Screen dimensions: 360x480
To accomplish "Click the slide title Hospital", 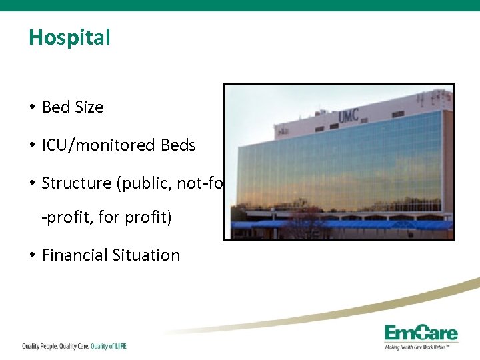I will pyautogui.click(x=69, y=38).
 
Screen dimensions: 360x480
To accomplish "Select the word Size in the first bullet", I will pyautogui.click(x=88, y=107).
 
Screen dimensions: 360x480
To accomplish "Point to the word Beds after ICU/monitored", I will pyautogui.click(x=178, y=145).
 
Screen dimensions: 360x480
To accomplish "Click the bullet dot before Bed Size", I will pyautogui.click(x=32, y=108).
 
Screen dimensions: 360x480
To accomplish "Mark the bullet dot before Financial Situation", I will pyautogui.click(x=32, y=256).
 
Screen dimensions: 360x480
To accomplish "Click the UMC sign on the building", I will pyautogui.click(x=348, y=115).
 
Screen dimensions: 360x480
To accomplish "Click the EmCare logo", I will pyautogui.click(x=421, y=333).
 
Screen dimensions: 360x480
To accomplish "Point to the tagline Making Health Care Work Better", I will pyautogui.click(x=421, y=347).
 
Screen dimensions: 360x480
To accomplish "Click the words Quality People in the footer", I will pyautogui.click(x=38, y=346).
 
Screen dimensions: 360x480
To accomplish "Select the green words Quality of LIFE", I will pyautogui.click(x=109, y=346).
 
